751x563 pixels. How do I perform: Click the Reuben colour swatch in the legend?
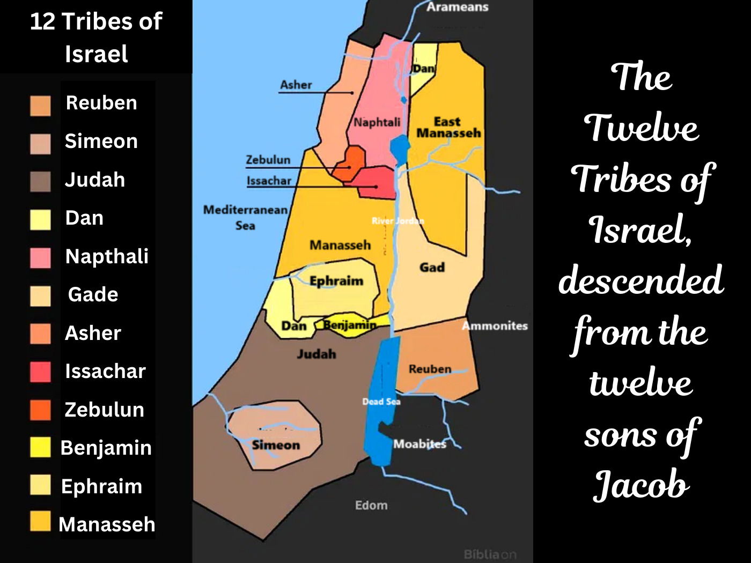click(x=41, y=106)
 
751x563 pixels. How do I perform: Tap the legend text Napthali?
click(x=107, y=256)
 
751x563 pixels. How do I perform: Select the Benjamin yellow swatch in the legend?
click(x=41, y=447)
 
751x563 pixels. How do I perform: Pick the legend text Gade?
click(x=93, y=294)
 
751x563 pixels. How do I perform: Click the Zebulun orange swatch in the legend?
click(x=41, y=410)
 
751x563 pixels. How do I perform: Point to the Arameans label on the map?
click(x=457, y=7)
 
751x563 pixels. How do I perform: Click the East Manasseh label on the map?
click(x=448, y=128)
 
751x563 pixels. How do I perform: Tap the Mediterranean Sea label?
click(x=245, y=217)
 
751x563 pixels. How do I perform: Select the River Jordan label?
click(x=397, y=220)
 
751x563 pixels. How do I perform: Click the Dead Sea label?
click(x=381, y=401)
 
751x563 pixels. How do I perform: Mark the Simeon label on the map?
click(x=276, y=445)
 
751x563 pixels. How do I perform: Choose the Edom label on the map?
click(x=371, y=505)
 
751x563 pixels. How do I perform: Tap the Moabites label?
click(x=419, y=444)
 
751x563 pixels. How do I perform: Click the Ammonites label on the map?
click(x=495, y=325)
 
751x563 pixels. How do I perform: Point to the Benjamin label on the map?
click(x=350, y=324)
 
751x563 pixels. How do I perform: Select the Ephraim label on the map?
click(x=336, y=280)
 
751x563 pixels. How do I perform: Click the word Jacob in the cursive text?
click(x=641, y=485)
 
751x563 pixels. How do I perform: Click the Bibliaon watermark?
click(x=490, y=554)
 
